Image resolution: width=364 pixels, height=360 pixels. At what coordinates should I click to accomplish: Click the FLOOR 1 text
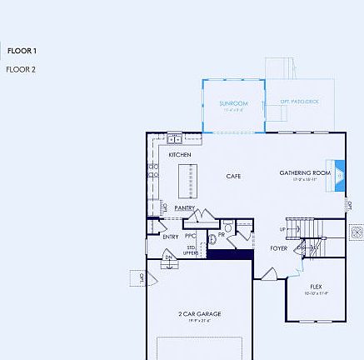point(22,51)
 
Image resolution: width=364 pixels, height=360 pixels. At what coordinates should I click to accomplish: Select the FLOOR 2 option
point(22,69)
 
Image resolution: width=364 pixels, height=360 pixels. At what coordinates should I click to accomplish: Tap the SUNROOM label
point(232,103)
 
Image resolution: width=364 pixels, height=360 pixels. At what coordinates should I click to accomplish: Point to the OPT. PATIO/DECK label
point(299,100)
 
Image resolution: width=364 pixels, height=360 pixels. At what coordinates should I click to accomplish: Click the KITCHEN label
point(180,155)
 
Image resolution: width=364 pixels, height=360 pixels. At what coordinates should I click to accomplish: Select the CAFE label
point(234,176)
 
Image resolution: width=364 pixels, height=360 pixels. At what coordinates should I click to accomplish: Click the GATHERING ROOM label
point(305,172)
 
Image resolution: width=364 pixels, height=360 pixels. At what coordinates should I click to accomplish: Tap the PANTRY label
point(184,207)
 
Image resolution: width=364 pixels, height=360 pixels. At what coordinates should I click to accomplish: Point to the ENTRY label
point(170,237)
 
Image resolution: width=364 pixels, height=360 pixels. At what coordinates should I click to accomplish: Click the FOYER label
point(279,248)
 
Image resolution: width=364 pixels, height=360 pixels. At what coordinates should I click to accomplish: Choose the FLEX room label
point(316,286)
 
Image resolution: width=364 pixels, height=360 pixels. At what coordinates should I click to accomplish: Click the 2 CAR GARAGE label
point(199,313)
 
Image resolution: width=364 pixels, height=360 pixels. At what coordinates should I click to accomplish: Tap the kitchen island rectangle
point(188,181)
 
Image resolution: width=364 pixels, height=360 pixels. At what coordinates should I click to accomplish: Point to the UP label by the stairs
point(282,229)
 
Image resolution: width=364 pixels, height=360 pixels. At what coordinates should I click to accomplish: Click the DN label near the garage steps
point(168,257)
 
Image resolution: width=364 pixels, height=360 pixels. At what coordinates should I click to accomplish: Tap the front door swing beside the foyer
point(269,274)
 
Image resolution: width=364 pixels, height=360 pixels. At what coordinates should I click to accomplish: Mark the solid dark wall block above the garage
point(229,255)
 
